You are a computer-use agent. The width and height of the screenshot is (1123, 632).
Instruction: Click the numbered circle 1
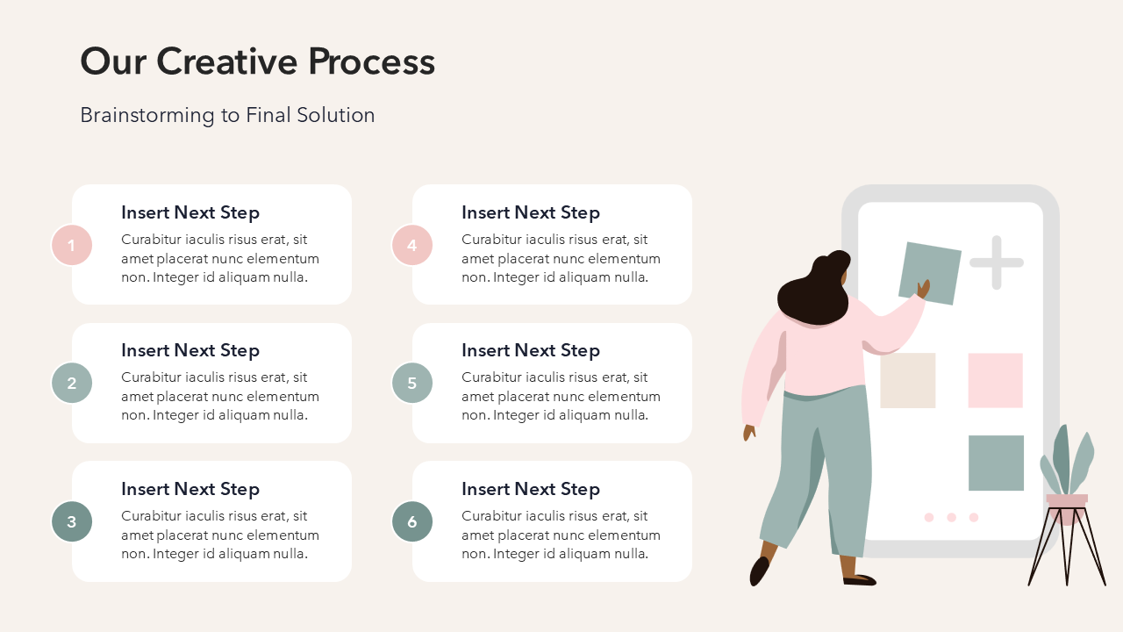[x=72, y=245]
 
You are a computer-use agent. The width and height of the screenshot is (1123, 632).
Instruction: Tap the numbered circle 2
[x=72, y=383]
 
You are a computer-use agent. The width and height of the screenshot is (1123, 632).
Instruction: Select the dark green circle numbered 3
[x=72, y=521]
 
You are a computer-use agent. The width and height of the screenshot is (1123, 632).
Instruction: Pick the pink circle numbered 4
[x=412, y=245]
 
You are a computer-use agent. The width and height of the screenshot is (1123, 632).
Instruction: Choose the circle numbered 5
[x=412, y=383]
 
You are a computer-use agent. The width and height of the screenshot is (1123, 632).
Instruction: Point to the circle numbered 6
[x=412, y=521]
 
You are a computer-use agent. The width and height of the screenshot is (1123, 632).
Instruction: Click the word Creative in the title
[x=227, y=61]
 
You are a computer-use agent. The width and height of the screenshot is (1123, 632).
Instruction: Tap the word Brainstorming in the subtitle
[x=147, y=115]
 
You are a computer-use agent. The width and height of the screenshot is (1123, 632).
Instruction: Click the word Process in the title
[x=371, y=61]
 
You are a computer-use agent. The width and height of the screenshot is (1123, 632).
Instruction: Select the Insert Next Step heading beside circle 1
[x=190, y=212]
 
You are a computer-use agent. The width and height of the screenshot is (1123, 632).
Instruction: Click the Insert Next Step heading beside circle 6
[x=531, y=489]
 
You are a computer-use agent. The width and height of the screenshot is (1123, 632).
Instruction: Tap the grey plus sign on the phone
[x=997, y=262]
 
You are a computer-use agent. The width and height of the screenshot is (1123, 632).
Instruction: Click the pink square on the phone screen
[x=995, y=380]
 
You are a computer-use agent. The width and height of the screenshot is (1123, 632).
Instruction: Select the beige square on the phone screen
[x=908, y=380]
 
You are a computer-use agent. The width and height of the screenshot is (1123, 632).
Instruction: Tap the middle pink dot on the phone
[x=951, y=517]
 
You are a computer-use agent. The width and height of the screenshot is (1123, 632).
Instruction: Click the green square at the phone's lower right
[x=996, y=463]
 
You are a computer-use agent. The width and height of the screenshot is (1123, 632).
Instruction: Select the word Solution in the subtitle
[x=335, y=115]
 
